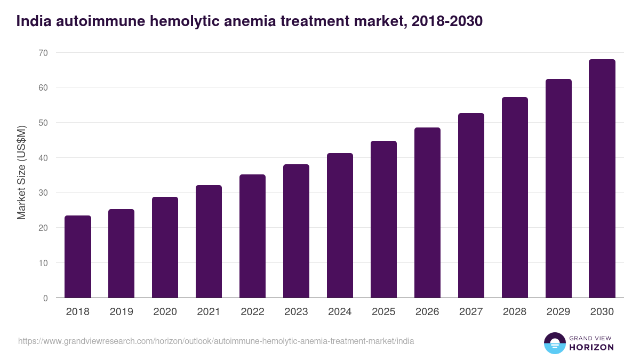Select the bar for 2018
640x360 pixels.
coord(78,257)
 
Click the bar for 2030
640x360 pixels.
coord(602,179)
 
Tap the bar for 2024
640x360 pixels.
coord(340,226)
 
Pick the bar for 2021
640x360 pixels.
coord(209,242)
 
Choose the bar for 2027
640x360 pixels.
coord(471,205)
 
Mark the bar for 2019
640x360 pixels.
coord(121,253)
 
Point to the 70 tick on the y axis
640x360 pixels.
coord(43,53)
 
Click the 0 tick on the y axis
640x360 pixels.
coord(45,298)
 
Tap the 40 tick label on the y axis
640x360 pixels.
coord(43,158)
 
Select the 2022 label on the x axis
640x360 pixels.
coord(252,312)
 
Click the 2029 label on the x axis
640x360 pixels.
coord(558,312)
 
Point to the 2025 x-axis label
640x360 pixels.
coord(383,312)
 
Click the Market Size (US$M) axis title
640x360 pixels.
coord(21,172)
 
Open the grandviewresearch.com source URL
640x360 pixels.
coord(216,341)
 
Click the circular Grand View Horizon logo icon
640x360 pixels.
coord(555,343)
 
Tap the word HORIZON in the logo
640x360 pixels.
coord(592,347)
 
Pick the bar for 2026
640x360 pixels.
coord(427,213)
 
